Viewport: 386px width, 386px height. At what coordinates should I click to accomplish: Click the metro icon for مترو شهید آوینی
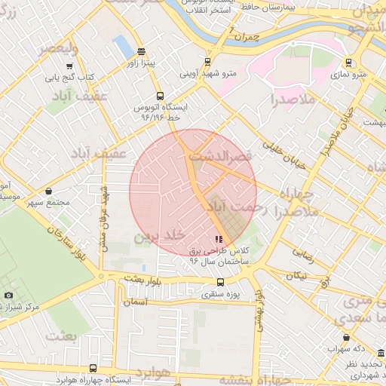pos(209,63)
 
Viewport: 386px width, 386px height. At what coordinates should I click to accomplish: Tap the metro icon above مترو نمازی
pos(348,63)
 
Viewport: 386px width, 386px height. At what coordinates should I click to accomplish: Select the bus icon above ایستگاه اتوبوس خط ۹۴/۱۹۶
pos(159,96)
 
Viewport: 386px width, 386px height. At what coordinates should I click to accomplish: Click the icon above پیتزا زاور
pos(142,51)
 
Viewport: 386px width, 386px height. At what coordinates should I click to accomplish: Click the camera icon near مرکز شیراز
pos(8,295)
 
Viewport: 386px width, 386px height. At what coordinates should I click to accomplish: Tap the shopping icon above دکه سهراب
pos(346,337)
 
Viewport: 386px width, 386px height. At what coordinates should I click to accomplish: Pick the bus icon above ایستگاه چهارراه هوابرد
pos(93,368)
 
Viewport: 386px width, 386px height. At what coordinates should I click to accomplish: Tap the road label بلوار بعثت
pos(144,278)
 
